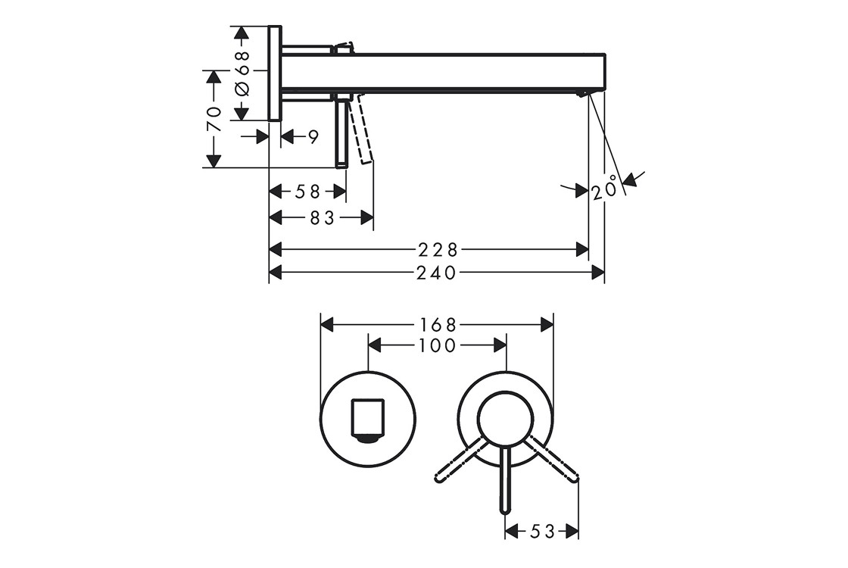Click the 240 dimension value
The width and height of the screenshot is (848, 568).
436,273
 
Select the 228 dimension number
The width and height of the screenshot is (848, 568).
438,250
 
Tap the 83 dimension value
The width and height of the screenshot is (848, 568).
322,218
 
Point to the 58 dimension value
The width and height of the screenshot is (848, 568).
307,192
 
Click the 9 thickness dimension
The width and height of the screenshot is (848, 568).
313,137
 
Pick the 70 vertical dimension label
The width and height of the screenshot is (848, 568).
215,119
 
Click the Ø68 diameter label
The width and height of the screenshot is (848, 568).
242,73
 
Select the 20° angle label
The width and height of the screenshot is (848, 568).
604,188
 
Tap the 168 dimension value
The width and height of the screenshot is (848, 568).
438,325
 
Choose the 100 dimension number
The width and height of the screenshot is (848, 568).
437,345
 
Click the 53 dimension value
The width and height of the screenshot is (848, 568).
542,532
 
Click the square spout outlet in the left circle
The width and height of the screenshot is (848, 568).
368,421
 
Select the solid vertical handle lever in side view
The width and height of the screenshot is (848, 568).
341,130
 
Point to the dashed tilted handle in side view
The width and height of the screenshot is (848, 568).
360,129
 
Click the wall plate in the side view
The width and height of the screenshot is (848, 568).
275,73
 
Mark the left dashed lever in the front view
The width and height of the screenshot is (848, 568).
459,459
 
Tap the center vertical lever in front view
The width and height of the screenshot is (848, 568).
505,480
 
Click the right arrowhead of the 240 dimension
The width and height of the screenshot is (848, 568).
598,273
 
